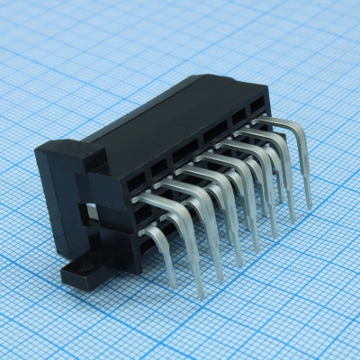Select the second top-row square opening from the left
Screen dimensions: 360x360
[157, 167]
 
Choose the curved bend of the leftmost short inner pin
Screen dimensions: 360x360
[159, 232]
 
